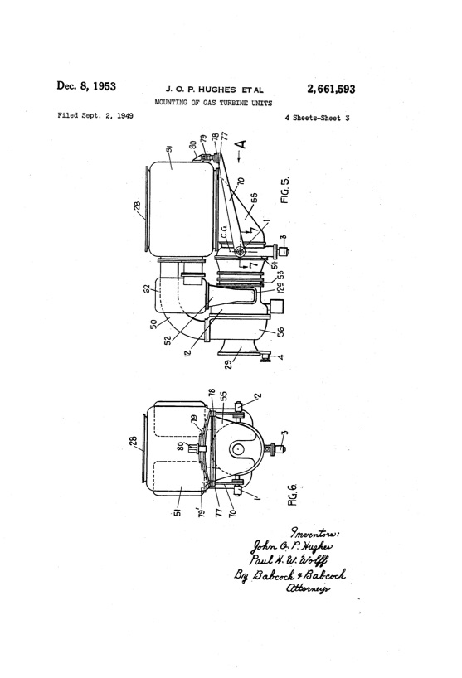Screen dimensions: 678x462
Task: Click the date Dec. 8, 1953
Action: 86,87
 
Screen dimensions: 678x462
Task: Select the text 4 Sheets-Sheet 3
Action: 316,118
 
